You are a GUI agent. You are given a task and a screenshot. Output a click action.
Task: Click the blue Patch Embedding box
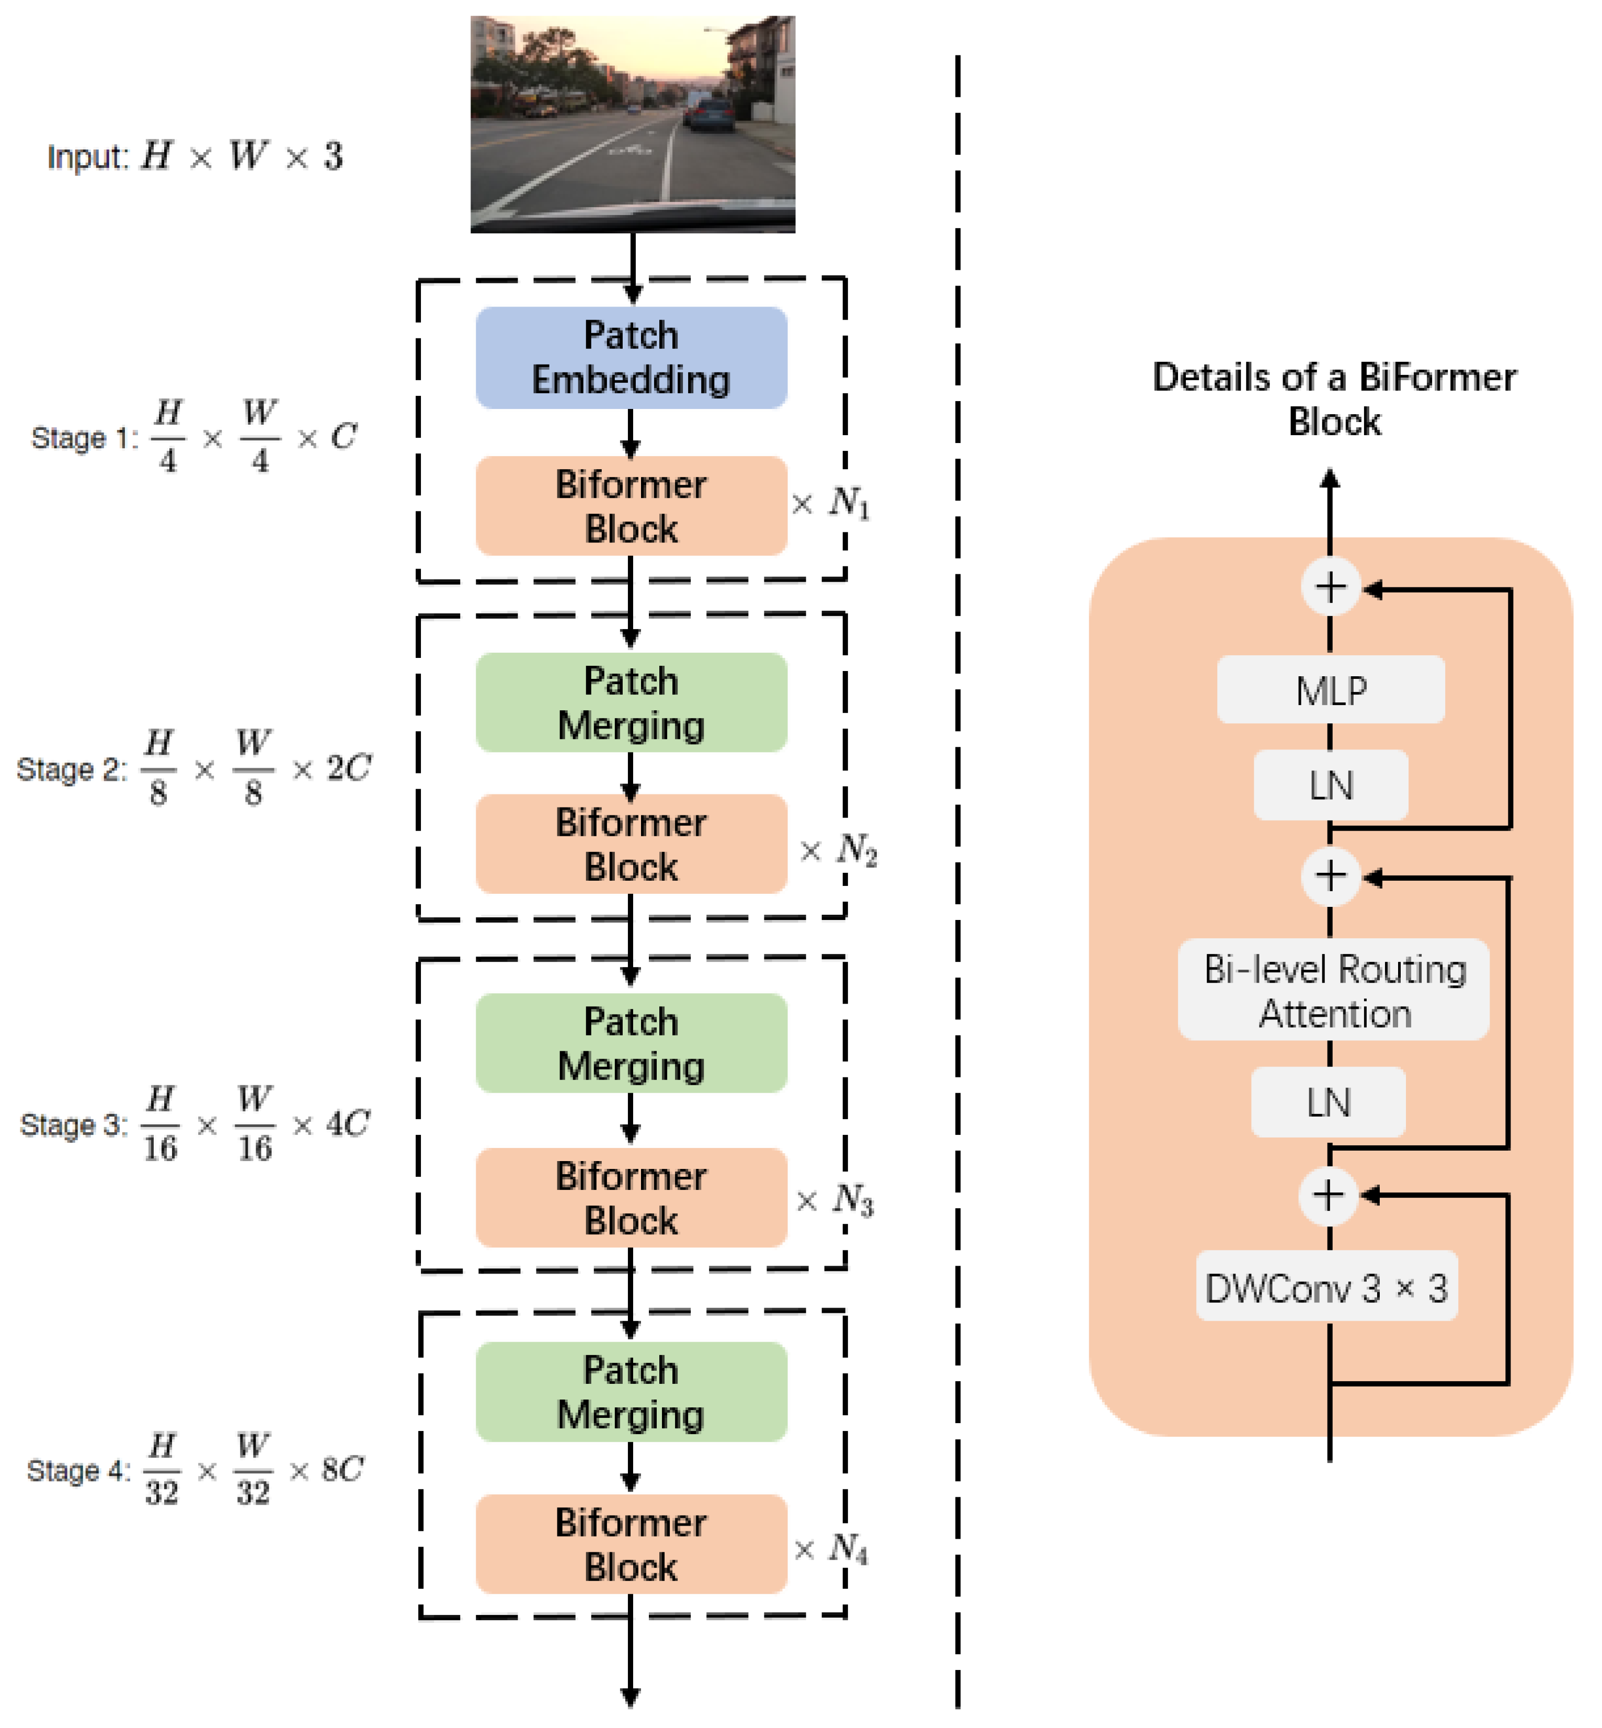(631, 357)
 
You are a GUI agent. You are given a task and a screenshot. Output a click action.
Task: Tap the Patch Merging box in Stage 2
(631, 702)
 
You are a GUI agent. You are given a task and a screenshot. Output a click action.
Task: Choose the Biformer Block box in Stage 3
(631, 1197)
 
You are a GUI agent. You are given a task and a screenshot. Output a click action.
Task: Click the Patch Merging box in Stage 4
(631, 1392)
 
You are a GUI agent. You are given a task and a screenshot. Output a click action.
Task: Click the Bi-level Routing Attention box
(1333, 990)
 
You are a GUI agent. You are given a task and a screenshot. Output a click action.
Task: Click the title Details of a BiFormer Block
(1333, 399)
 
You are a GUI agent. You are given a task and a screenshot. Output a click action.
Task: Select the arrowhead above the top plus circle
(1330, 479)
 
